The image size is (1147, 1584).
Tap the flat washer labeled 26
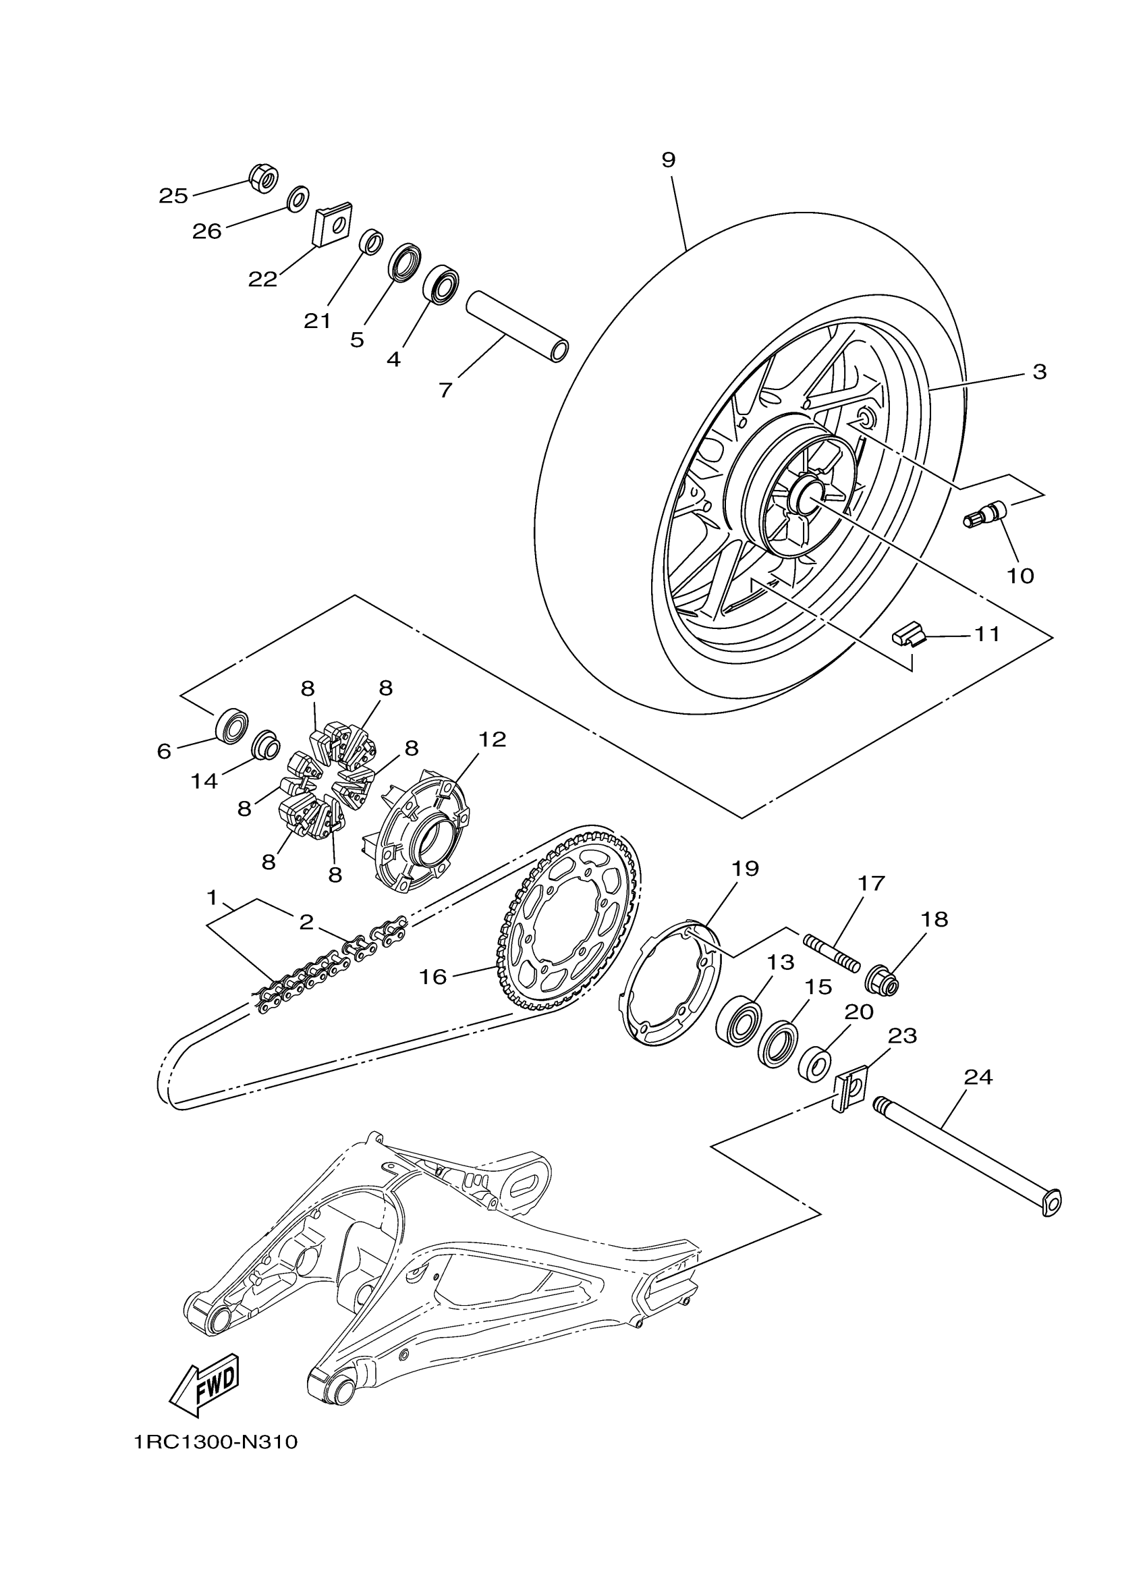coord(299,198)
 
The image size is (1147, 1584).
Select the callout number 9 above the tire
coord(668,160)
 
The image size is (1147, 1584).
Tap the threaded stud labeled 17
coord(832,954)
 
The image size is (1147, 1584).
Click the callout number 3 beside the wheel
coord(1039,372)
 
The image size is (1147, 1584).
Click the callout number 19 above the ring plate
coord(745,869)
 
